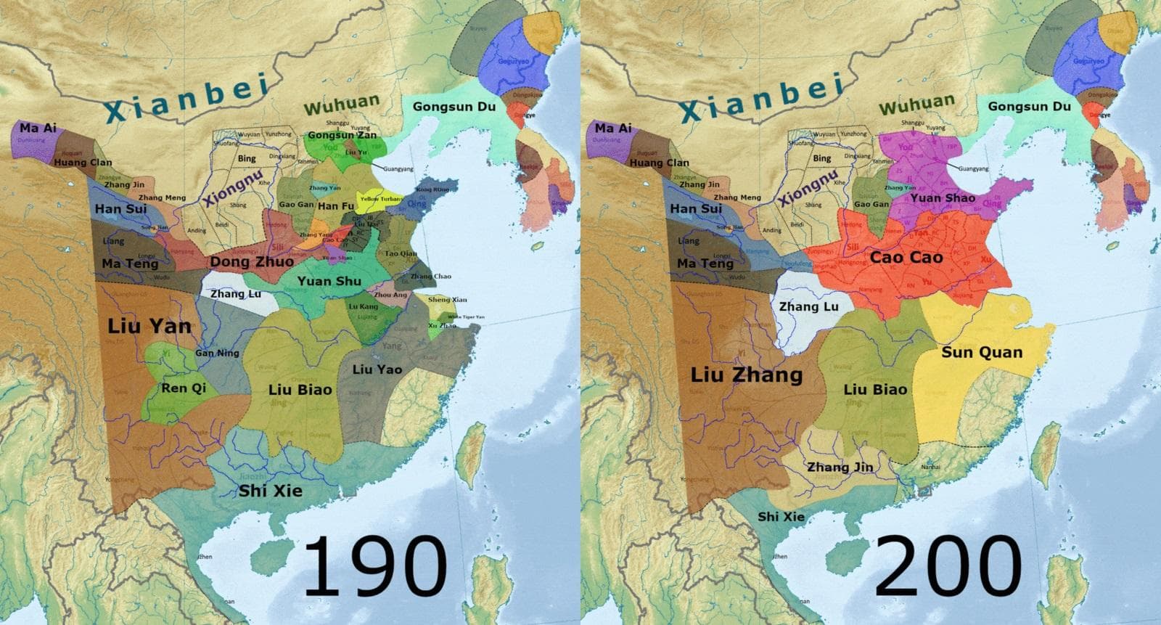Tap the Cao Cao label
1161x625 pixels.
pyautogui.click(x=906, y=257)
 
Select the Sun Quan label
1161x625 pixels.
pyautogui.click(x=982, y=353)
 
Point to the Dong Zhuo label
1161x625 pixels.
pyautogui.click(x=252, y=261)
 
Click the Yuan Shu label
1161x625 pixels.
pyautogui.click(x=329, y=281)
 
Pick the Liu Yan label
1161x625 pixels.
pyautogui.click(x=149, y=326)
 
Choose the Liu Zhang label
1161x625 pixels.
pyautogui.click(x=746, y=375)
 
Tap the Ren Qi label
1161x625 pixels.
pyautogui.click(x=184, y=388)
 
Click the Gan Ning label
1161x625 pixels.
pyautogui.click(x=217, y=354)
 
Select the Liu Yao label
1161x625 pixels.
pyautogui.click(x=377, y=369)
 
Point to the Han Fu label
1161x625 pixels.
pyautogui.click(x=336, y=206)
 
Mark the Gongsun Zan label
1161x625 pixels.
pyautogui.click(x=342, y=135)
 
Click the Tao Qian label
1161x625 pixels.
pyautogui.click(x=401, y=253)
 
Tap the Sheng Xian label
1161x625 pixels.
pyautogui.click(x=447, y=300)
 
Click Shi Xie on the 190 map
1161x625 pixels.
pyautogui.click(x=271, y=491)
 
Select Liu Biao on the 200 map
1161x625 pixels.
pyautogui.click(x=875, y=389)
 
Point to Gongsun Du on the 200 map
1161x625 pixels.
pyautogui.click(x=1029, y=107)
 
